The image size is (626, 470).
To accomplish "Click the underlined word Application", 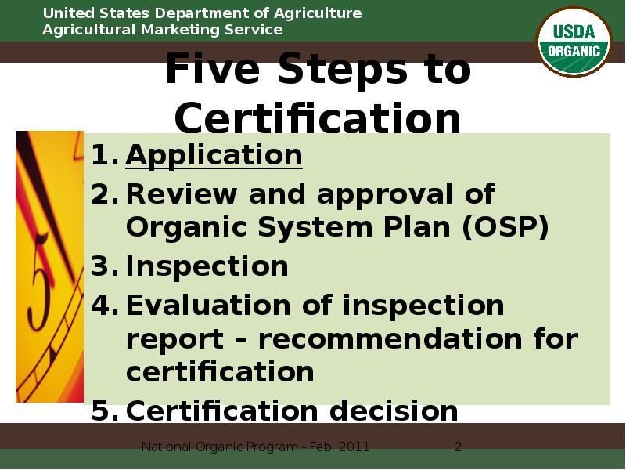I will tap(214, 155).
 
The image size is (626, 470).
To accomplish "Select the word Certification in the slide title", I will tap(318, 120).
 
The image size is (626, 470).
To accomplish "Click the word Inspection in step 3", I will tap(207, 266).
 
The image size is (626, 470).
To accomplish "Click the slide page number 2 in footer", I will tap(459, 447).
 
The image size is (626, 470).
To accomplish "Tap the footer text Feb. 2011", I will tap(338, 447).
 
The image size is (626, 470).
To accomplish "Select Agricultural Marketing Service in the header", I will tap(162, 30).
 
